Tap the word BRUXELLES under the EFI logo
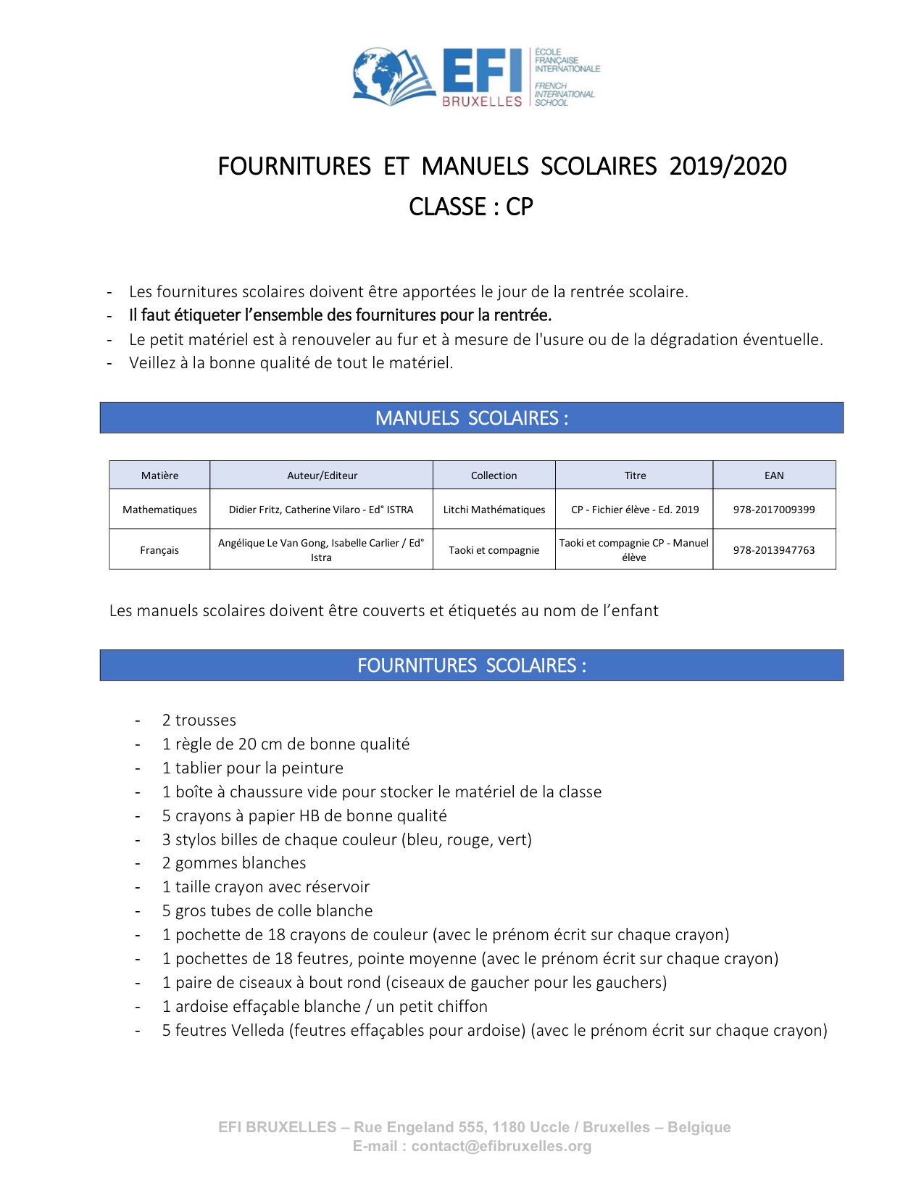482,101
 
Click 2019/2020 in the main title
728,167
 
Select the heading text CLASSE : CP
471,207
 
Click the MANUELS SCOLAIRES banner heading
471,418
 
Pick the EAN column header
774,476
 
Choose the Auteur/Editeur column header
322,476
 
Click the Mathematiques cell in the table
159,510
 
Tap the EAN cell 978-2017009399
774,510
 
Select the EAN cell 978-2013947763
774,550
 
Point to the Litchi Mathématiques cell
494,510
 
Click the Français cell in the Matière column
159,550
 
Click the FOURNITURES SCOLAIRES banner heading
471,665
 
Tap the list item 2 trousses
199,720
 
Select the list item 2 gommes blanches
234,863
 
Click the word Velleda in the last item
257,1031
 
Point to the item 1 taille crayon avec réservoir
266,887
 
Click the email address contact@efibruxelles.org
501,1146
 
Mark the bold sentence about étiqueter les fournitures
341,315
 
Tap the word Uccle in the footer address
549,1127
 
